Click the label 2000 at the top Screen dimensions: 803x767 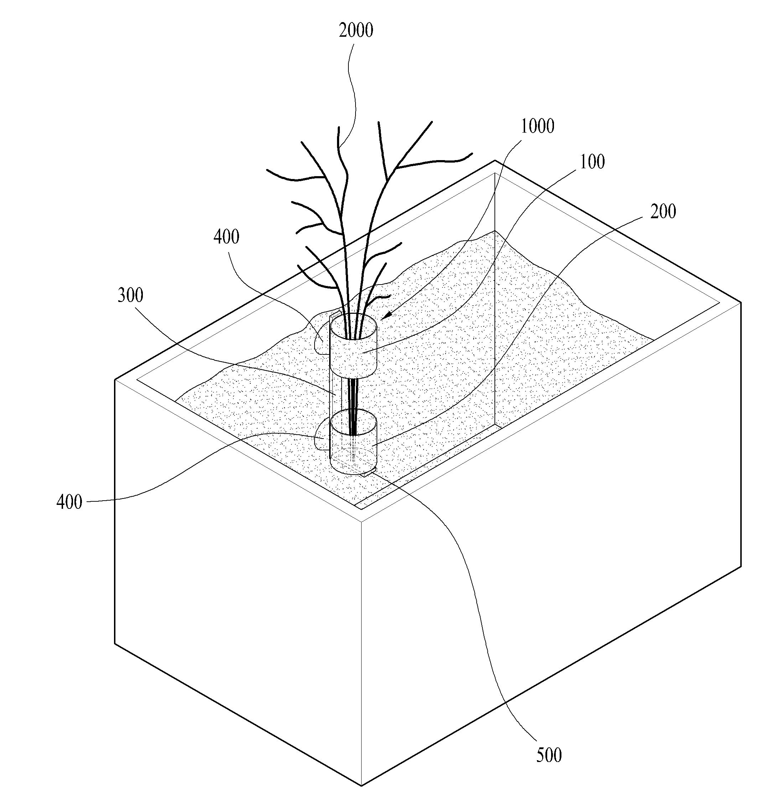coord(356,31)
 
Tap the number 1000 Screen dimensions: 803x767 coord(537,126)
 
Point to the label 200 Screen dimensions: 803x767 coord(663,211)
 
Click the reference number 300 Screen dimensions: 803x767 coord(130,295)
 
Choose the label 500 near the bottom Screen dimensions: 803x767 coord(549,755)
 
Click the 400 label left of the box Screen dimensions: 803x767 coord(69,502)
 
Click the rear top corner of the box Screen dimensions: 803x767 coord(495,161)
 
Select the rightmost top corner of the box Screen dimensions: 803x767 coord(741,302)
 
